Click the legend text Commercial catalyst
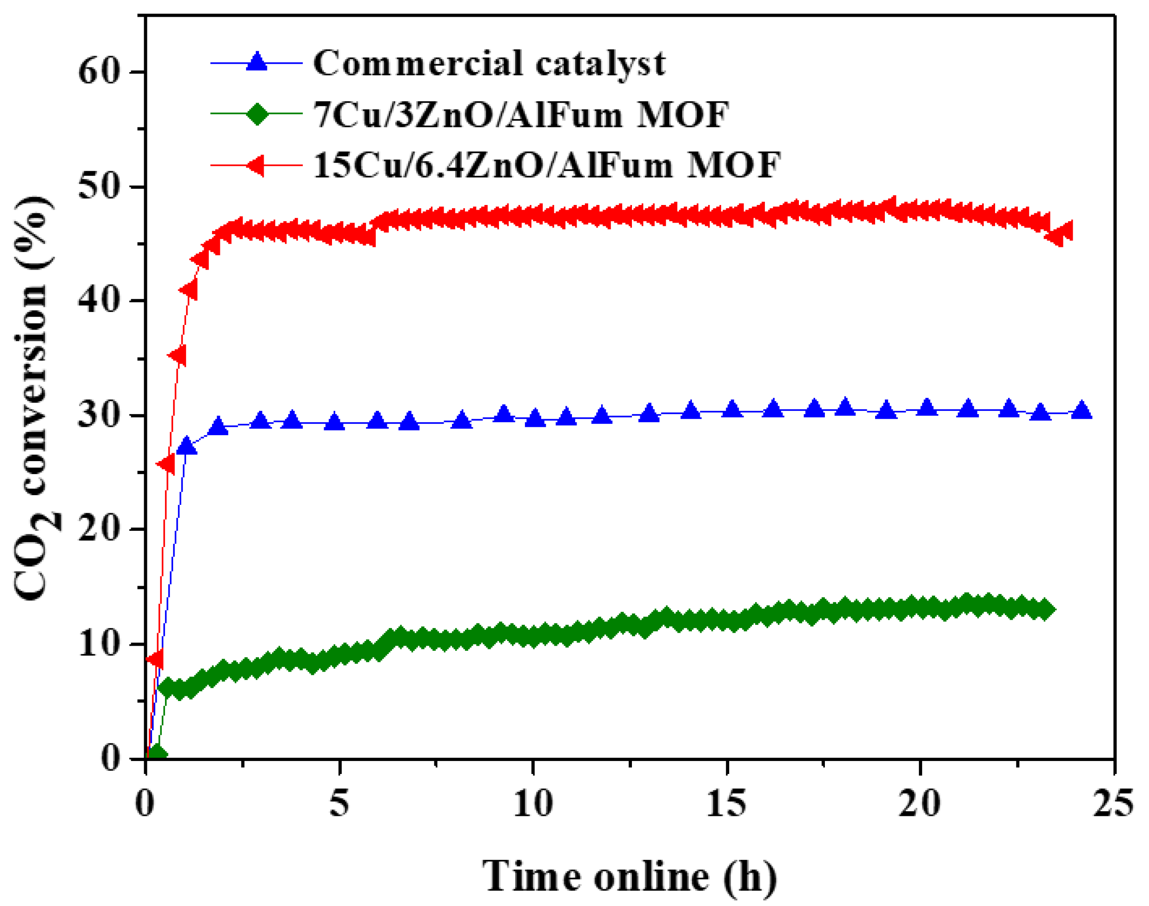489,64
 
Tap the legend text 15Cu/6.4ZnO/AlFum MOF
546,165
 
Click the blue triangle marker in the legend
257,62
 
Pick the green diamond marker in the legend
257,113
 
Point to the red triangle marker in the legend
256,165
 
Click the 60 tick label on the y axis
98,72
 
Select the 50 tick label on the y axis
98,187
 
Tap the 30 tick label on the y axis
98,415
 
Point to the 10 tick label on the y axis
98,644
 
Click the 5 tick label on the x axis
339,802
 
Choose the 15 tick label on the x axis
726,802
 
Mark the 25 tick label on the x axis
1114,802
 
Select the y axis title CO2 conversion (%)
34,398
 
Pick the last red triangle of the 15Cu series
1063,231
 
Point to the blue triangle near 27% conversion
187,446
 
